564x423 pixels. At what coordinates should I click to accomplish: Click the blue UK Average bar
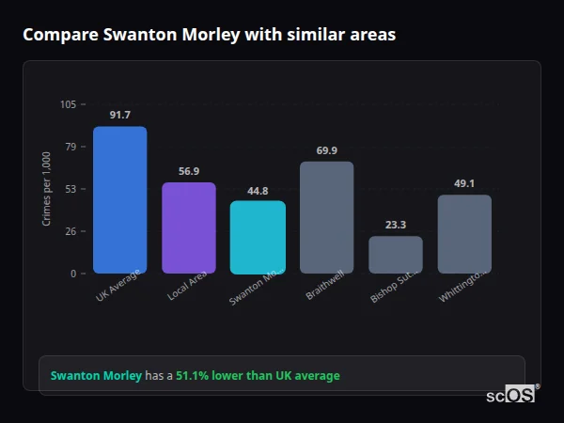click(119, 199)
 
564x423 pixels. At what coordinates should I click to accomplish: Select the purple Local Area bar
click(189, 227)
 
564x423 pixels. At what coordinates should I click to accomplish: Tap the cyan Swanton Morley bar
click(258, 237)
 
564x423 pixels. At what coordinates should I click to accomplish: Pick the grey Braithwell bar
click(326, 217)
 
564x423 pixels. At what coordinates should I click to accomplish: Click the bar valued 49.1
click(464, 234)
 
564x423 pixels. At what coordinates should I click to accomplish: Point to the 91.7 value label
click(119, 115)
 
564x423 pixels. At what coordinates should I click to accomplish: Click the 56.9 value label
click(189, 171)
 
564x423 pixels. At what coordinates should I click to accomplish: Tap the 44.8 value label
click(258, 190)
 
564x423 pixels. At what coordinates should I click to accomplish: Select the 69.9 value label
click(326, 150)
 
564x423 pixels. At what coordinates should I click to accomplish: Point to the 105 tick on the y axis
click(68, 104)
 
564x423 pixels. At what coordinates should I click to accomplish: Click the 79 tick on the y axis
click(70, 147)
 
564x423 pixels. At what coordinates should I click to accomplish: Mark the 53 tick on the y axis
click(70, 189)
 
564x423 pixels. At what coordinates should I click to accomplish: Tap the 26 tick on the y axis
click(70, 231)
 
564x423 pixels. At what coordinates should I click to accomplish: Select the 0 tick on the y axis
click(73, 274)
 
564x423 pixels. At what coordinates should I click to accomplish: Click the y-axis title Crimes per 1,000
click(47, 189)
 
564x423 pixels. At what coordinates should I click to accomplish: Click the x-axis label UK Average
click(118, 285)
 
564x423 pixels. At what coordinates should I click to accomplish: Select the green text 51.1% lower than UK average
click(258, 376)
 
